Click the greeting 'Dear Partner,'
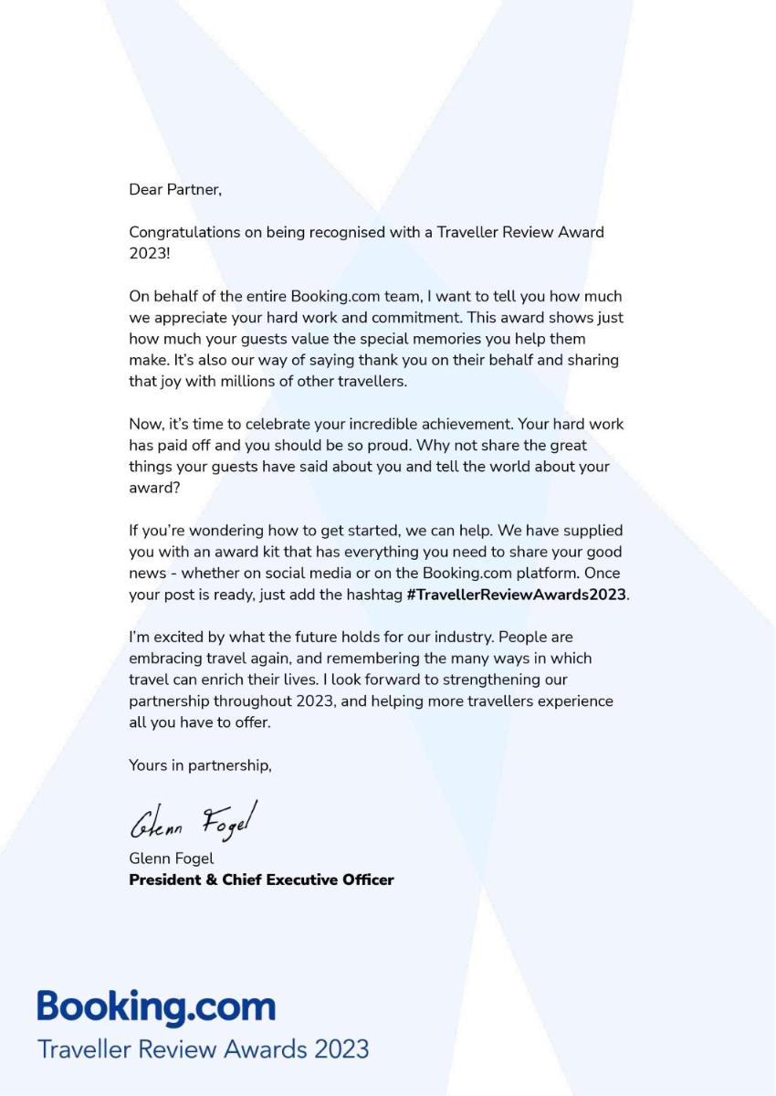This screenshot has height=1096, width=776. pos(174,190)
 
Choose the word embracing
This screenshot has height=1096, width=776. pos(163,658)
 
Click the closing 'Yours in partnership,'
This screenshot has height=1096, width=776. pos(200,765)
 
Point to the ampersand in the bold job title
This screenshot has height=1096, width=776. pos(214,880)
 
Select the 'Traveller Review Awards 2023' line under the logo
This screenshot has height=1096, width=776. pos(203,1048)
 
